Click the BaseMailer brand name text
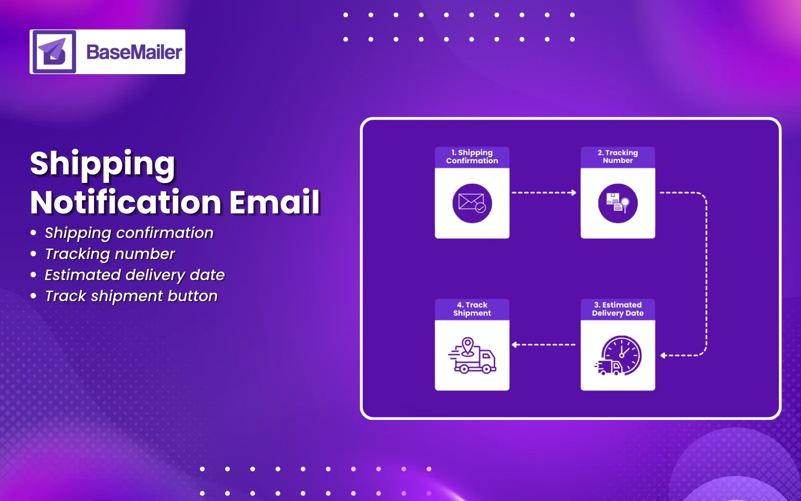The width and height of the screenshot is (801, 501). tap(134, 52)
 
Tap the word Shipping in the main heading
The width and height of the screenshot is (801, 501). tap(103, 164)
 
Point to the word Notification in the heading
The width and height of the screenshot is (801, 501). tap(126, 202)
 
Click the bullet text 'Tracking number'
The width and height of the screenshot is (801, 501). tap(110, 254)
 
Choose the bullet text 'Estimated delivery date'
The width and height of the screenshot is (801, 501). tap(135, 275)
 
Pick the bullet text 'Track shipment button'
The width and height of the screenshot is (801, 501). tap(131, 296)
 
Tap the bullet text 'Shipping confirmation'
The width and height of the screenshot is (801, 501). tap(129, 233)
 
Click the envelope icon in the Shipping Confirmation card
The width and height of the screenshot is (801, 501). tap(472, 203)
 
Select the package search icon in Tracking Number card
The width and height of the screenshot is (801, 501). tap(618, 203)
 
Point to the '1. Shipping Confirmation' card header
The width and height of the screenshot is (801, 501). tap(472, 157)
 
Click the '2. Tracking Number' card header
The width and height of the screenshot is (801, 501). tap(618, 157)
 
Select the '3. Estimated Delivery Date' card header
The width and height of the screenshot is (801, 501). tap(618, 309)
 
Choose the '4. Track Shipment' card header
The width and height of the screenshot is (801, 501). tap(472, 309)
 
